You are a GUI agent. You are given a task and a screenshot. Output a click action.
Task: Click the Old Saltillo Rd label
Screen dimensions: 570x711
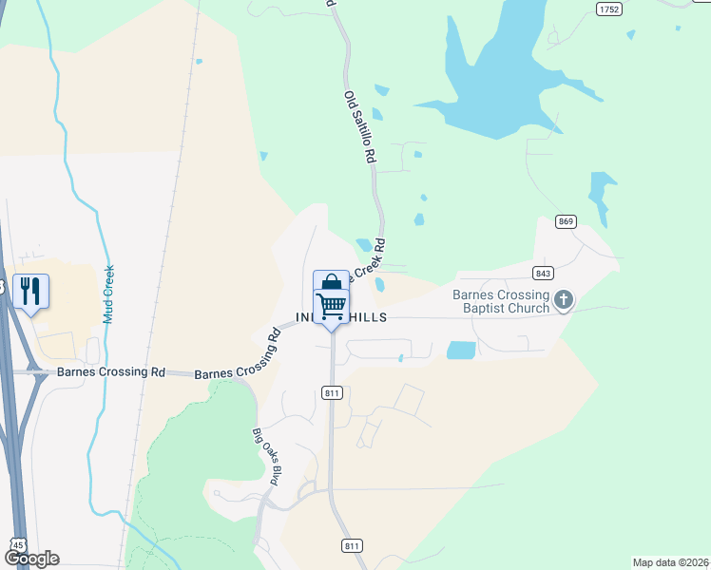point(359,128)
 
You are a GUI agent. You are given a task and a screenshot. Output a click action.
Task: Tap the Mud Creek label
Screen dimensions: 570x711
point(108,294)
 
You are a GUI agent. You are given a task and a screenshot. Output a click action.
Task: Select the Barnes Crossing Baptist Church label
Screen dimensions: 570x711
point(502,301)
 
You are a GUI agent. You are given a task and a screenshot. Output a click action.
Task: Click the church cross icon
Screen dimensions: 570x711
point(564,301)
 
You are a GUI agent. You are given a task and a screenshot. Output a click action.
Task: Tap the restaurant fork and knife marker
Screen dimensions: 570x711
point(30,291)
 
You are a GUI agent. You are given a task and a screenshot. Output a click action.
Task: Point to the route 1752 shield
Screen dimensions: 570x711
point(609,9)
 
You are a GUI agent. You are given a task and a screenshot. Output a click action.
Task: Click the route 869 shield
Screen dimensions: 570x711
point(567,221)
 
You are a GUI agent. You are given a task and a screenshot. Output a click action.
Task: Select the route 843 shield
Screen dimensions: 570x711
point(544,273)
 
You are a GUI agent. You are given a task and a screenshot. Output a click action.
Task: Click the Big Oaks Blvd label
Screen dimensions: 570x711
point(264,458)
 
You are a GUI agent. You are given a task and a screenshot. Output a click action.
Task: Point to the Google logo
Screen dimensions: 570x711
point(31,559)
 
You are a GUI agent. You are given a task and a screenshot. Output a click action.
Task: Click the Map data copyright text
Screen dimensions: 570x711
point(669,562)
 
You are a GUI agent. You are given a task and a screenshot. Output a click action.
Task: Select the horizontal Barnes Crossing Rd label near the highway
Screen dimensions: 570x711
point(110,372)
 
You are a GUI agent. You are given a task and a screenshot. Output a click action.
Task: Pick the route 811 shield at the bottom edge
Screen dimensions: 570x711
point(352,545)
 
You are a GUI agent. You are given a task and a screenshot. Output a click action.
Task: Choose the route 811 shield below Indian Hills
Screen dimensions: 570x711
point(332,392)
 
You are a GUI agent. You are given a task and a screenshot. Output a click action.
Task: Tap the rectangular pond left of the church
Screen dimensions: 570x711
point(461,350)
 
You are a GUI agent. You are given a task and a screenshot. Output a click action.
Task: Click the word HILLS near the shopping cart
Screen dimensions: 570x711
point(367,317)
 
